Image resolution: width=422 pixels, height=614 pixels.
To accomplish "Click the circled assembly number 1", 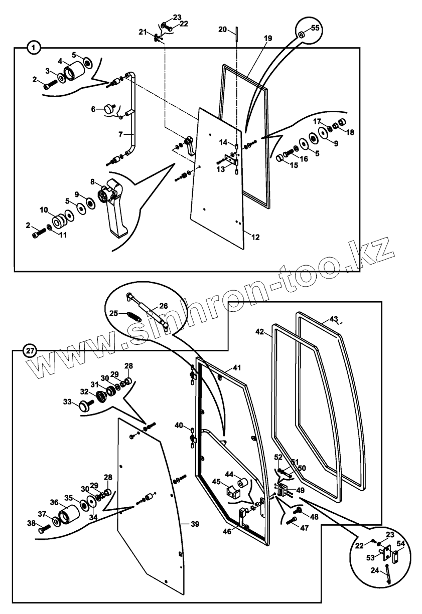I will (33, 48).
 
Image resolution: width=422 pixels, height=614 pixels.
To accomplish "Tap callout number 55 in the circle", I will (315, 28).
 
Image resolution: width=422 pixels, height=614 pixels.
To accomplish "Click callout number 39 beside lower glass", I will (195, 524).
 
